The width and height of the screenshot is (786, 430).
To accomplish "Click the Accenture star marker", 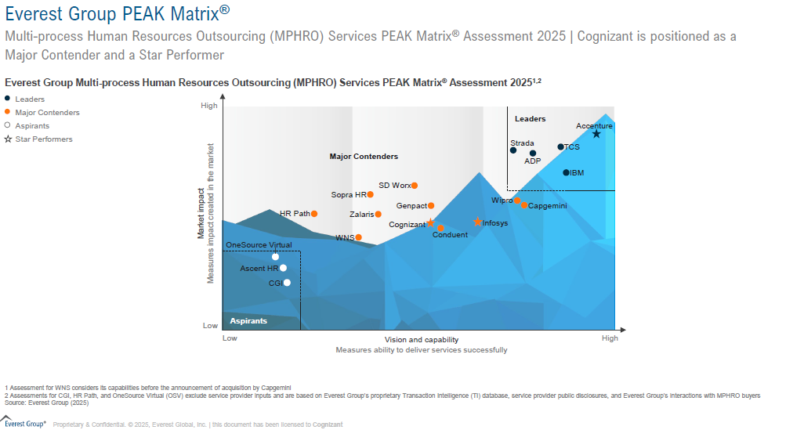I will click(x=596, y=134).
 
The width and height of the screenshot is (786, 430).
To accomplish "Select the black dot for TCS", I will click(x=560, y=146).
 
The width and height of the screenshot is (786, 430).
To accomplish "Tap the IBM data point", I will click(x=566, y=172).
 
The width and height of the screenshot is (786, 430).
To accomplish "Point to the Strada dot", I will click(x=513, y=150).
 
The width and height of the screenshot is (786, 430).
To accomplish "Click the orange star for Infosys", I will click(x=477, y=222).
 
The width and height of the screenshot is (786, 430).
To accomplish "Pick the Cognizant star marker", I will click(x=430, y=222).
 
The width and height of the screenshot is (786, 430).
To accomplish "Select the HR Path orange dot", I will click(x=314, y=213).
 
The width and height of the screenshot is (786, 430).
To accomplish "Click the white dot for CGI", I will click(x=287, y=283).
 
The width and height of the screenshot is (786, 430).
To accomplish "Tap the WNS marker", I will click(x=358, y=237).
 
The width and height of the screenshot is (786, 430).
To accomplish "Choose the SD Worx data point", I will click(x=414, y=186).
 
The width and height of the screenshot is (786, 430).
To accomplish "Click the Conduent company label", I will click(x=450, y=235).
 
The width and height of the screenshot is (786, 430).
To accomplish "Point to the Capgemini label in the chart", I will click(x=548, y=206).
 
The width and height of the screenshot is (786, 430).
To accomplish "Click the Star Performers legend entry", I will click(x=44, y=139).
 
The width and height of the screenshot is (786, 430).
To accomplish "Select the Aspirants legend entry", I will click(x=32, y=126).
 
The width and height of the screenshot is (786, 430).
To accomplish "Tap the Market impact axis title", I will click(x=201, y=213).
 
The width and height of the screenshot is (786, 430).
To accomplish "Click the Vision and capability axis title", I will click(x=422, y=340).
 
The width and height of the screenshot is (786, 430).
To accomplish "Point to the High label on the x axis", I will click(x=610, y=338).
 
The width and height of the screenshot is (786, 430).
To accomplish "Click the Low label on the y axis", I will click(x=210, y=325).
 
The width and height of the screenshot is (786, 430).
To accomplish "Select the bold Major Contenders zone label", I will click(x=364, y=157).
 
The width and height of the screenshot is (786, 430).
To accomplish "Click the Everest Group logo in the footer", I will click(x=24, y=424).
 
